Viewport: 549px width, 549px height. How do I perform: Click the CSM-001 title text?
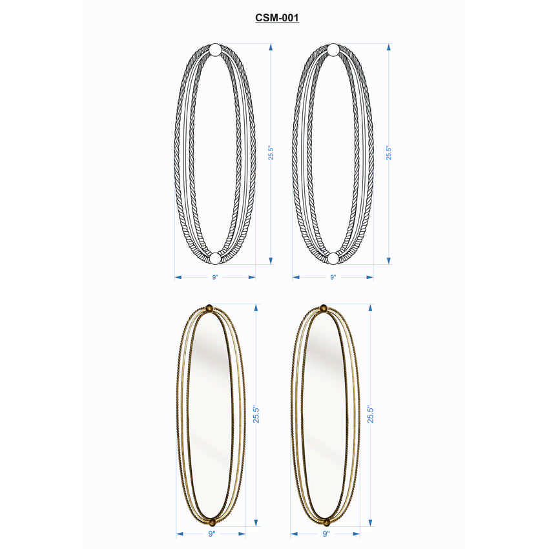pyautogui.click(x=276, y=19)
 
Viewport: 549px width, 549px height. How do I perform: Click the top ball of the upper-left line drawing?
pyautogui.click(x=215, y=50)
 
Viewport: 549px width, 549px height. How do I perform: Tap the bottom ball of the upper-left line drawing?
pyautogui.click(x=215, y=258)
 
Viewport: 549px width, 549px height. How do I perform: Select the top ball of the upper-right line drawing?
pyautogui.click(x=333, y=50)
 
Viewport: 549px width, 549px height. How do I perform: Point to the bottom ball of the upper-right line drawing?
pyautogui.click(x=333, y=258)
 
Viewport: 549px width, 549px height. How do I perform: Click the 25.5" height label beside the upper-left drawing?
pyautogui.click(x=271, y=153)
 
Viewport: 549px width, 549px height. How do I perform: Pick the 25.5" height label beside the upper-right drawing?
pyautogui.click(x=389, y=153)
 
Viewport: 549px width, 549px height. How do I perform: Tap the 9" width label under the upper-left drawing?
pyautogui.click(x=215, y=277)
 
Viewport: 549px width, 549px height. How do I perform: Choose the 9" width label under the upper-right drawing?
pyautogui.click(x=333, y=277)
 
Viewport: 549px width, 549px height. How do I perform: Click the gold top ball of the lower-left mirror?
pyautogui.click(x=211, y=309)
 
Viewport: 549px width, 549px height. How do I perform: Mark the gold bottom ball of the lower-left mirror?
pyautogui.click(x=211, y=521)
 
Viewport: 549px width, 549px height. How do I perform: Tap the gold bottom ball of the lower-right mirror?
pyautogui.click(x=326, y=521)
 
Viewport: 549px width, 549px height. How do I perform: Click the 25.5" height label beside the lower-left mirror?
pyautogui.click(x=256, y=414)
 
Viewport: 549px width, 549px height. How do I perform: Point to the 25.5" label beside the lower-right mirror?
pyautogui.click(x=371, y=414)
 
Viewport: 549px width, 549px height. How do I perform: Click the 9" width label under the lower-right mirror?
pyautogui.click(x=326, y=534)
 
